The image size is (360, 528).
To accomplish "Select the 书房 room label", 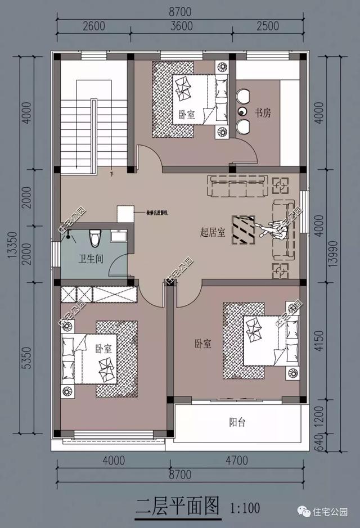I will (263, 113).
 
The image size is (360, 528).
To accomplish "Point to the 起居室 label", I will (213, 232).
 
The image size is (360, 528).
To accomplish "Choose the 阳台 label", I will (237, 422).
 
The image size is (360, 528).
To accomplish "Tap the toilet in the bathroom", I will (95, 237).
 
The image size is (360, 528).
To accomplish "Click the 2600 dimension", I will (93, 26).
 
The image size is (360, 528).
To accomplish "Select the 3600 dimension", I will (181, 26).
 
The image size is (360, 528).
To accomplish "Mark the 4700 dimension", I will (237, 461).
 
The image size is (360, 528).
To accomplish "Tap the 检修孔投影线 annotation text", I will (157, 213).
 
